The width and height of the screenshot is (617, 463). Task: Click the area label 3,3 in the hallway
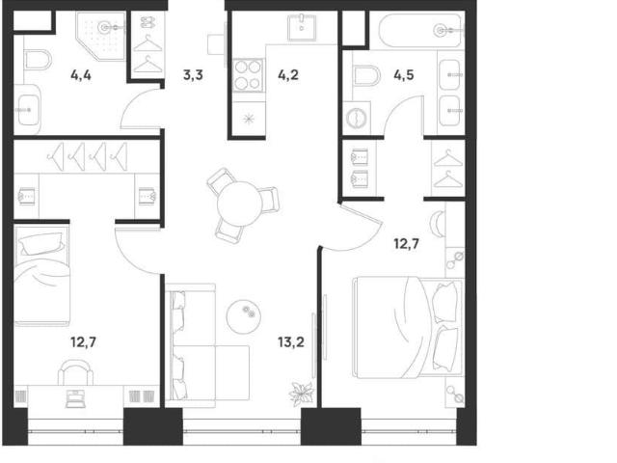pyautogui.click(x=193, y=74)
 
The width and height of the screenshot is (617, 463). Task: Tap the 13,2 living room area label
pyautogui.click(x=291, y=342)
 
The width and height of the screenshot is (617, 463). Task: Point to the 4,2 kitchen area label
pyautogui.click(x=288, y=74)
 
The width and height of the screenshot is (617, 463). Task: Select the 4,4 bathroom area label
pyautogui.click(x=81, y=74)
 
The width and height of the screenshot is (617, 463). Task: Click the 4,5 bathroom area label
pyautogui.click(x=404, y=74)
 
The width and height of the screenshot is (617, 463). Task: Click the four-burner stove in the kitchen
pyautogui.click(x=248, y=75)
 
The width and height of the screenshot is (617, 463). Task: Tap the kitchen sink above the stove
pyautogui.click(x=302, y=27)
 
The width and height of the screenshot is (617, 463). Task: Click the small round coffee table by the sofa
pyautogui.click(x=244, y=314)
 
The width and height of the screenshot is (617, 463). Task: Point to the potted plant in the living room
pyautogui.click(x=302, y=394)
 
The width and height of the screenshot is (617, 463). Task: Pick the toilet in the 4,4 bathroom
pyautogui.click(x=38, y=60)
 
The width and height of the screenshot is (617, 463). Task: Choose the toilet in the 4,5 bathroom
pyautogui.click(x=366, y=75)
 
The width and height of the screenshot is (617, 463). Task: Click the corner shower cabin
pyautogui.click(x=101, y=37)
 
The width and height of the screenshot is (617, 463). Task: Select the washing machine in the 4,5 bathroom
pyautogui.click(x=357, y=118)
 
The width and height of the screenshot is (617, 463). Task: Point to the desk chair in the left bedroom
pyautogui.click(x=75, y=371)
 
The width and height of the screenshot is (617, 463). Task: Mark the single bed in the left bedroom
pyautogui.click(x=41, y=275)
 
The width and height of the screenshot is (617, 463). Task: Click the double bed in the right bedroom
pyautogui.click(x=409, y=328)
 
